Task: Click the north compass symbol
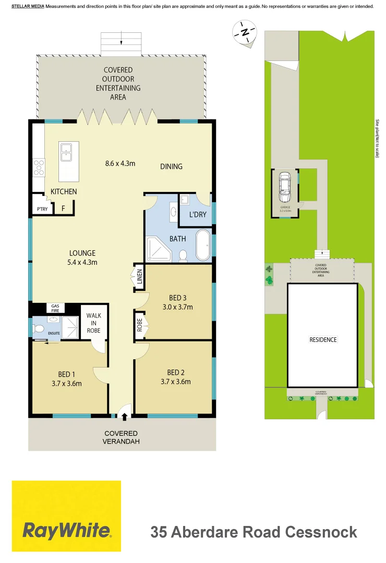pyautogui.click(x=245, y=31)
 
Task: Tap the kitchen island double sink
pyautogui.click(x=66, y=152)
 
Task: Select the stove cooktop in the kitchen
pyautogui.click(x=39, y=167)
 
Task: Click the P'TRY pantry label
pyautogui.click(x=42, y=209)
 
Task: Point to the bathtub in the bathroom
pyautogui.click(x=202, y=245)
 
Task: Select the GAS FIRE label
pyautogui.click(x=55, y=308)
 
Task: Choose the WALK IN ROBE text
pyautogui.click(x=94, y=323)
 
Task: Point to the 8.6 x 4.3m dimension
pyautogui.click(x=120, y=163)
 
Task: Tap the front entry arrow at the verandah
pyautogui.click(x=124, y=415)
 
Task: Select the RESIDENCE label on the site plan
pyautogui.click(x=323, y=340)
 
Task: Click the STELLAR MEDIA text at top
pyautogui.click(x=28, y=6)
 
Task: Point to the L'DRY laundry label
pyautogui.click(x=197, y=215)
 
